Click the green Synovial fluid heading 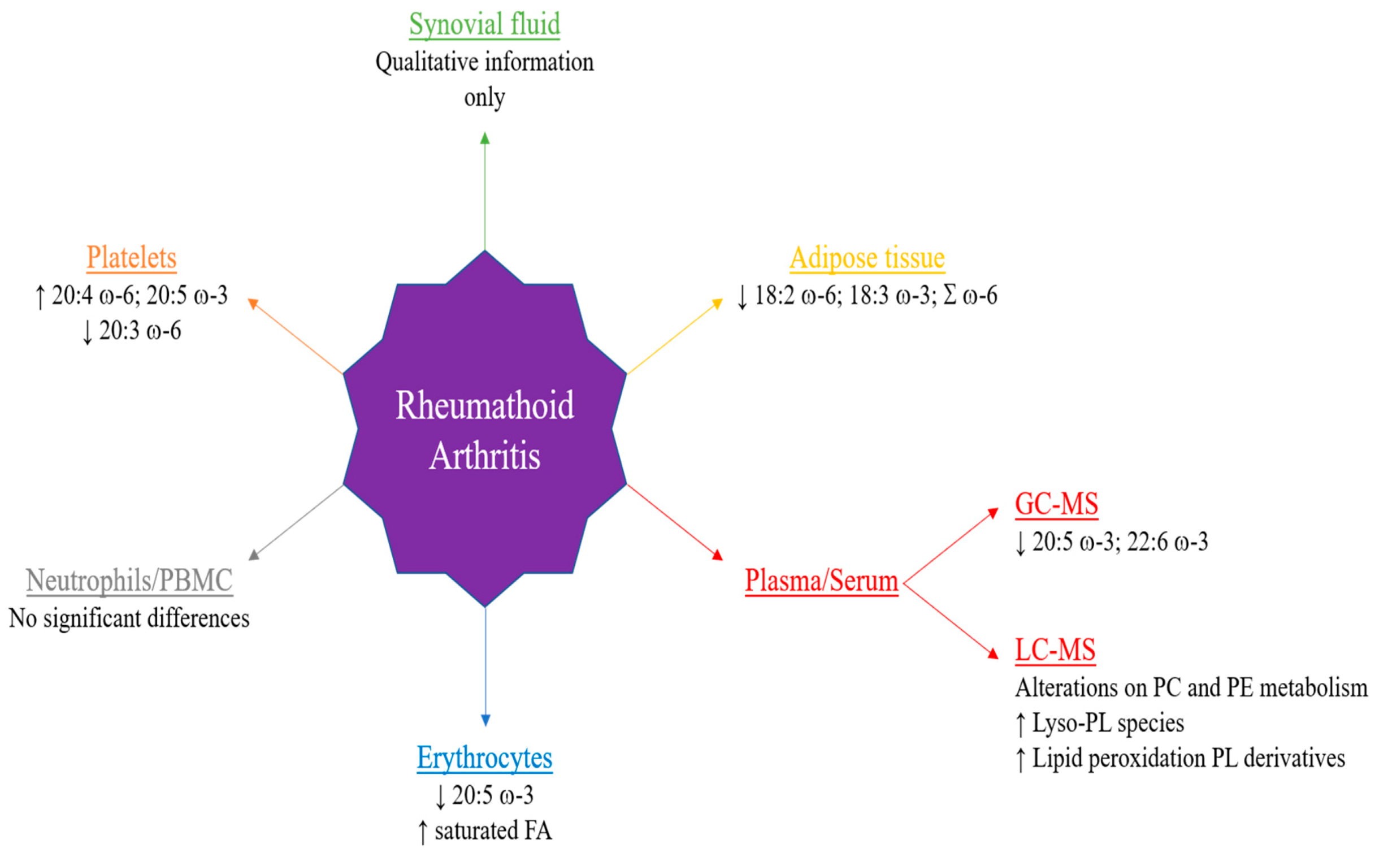pyautogui.click(x=484, y=24)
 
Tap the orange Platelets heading pyautogui.click(x=132, y=258)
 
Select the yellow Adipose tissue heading pyautogui.click(x=867, y=258)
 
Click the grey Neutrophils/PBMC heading pyautogui.click(x=129, y=581)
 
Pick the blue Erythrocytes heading pyautogui.click(x=484, y=758)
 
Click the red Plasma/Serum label pyautogui.click(x=821, y=581)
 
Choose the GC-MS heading pyautogui.click(x=1056, y=504)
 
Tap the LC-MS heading pyautogui.click(x=1055, y=650)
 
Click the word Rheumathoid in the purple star pyautogui.click(x=484, y=405)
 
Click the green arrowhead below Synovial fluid pyautogui.click(x=484, y=138)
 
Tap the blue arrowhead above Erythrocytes pyautogui.click(x=485, y=720)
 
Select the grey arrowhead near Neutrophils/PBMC pyautogui.click(x=254, y=555)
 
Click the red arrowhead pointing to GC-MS pyautogui.click(x=992, y=513)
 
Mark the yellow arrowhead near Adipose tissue pyautogui.click(x=717, y=303)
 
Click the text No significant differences pyautogui.click(x=129, y=618)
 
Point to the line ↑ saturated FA pyautogui.click(x=484, y=831)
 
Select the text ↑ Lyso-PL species pyautogui.click(x=1099, y=723)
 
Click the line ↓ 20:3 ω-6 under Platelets pyautogui.click(x=132, y=331)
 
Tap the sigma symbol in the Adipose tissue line pyautogui.click(x=949, y=295)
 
